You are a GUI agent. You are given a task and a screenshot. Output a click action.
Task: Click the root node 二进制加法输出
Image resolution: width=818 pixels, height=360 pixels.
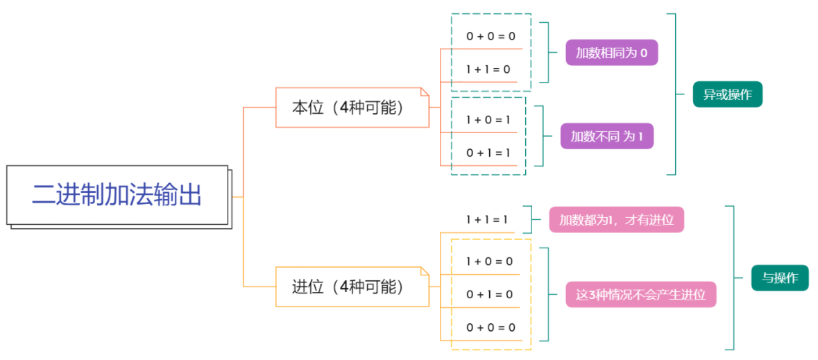(x=117, y=195)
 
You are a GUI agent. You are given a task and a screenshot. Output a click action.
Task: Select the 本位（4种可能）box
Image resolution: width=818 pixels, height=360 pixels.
(x=352, y=108)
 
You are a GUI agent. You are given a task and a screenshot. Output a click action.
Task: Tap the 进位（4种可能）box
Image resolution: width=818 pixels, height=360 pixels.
(x=352, y=286)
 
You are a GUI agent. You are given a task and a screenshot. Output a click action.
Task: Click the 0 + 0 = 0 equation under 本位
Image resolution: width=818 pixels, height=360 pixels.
(x=491, y=36)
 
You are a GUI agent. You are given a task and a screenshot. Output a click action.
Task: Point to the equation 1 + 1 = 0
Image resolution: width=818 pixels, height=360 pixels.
(x=488, y=69)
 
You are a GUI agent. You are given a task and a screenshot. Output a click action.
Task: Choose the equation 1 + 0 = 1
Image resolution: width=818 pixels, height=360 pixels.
(x=488, y=120)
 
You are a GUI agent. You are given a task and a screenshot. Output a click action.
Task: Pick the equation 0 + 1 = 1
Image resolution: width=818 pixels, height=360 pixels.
(x=488, y=153)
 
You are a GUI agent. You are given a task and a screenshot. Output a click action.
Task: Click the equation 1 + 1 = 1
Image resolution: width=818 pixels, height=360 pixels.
(x=488, y=219)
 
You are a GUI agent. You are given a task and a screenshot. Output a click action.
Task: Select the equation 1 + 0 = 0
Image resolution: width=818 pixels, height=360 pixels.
(x=489, y=262)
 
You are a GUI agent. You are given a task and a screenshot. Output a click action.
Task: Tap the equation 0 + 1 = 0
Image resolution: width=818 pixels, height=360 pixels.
(x=489, y=294)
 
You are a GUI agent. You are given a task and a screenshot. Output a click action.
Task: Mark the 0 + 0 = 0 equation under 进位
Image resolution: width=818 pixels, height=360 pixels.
(x=491, y=327)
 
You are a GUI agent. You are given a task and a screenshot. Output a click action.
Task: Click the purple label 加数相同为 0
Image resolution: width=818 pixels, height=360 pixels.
(x=611, y=53)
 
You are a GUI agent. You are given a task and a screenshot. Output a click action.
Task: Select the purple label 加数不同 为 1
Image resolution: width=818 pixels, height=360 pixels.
(x=606, y=137)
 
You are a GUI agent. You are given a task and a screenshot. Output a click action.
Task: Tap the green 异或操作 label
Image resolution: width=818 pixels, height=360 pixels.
(x=727, y=94)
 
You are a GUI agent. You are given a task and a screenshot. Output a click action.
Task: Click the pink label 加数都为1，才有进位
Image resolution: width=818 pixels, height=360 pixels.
(x=616, y=220)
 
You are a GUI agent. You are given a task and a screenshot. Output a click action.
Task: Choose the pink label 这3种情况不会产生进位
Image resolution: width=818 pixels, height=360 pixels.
(x=640, y=295)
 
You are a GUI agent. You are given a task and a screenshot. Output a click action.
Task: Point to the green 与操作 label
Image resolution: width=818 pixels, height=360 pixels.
(x=780, y=278)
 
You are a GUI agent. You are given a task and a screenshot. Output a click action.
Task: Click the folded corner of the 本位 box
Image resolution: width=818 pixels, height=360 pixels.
(x=425, y=92)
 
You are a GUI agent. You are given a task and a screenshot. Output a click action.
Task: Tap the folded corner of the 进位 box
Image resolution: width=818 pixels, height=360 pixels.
(x=425, y=271)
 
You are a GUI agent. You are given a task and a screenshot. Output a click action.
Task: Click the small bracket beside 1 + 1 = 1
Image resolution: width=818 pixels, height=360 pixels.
(x=529, y=219)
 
